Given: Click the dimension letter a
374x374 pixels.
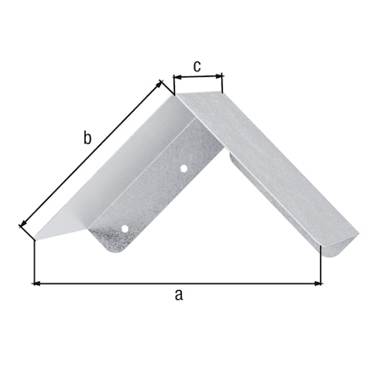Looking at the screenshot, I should (178, 294).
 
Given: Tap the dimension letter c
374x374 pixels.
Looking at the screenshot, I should (197, 66).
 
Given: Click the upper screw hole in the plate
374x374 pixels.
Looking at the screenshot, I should (184, 169).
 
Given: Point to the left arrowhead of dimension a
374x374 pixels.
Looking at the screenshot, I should (37, 283).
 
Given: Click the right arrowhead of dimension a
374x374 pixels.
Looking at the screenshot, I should (318, 283).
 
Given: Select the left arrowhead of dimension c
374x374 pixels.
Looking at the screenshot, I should (177, 76).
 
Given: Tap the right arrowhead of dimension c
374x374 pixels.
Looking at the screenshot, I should (220, 76).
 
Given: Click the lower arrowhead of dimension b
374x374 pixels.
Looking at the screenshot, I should (22, 222).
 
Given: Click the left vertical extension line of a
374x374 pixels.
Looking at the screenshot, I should (34, 262).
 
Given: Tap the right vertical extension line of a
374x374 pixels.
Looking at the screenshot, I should (321, 266).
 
